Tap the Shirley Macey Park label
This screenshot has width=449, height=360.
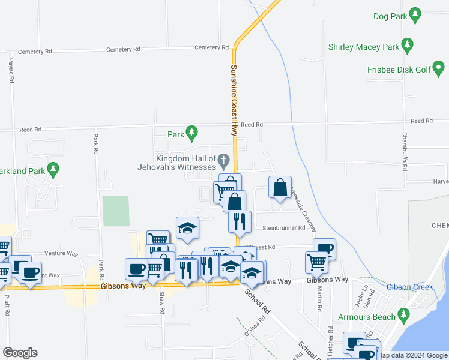click(x=364, y=47)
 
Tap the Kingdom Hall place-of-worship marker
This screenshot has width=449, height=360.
click(x=224, y=160)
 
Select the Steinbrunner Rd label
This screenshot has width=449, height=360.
click(x=284, y=228)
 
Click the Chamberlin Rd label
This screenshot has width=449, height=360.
click(x=405, y=152)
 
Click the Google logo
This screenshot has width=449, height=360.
click(x=20, y=353)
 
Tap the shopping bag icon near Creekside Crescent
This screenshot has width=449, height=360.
click(x=280, y=187)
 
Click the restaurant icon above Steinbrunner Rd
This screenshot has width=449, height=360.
click(x=240, y=221)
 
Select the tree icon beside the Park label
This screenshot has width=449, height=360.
click(x=191, y=132)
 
